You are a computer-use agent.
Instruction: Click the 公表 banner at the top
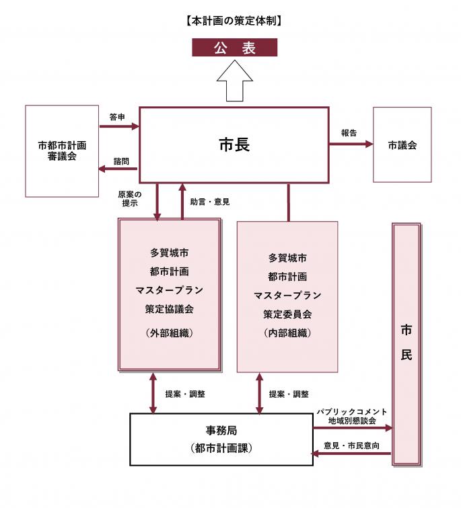234,48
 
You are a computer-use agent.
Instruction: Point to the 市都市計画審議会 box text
63,151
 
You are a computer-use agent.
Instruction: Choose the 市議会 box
402,144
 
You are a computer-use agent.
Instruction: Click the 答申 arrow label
117,117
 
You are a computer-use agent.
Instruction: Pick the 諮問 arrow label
121,161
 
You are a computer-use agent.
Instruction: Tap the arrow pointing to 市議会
351,144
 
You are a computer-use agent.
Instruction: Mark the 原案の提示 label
129,199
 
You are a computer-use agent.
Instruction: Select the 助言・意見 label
210,201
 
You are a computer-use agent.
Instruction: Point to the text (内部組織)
287,333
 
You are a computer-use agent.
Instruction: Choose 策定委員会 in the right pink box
287,314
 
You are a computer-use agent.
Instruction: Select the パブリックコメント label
352,411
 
